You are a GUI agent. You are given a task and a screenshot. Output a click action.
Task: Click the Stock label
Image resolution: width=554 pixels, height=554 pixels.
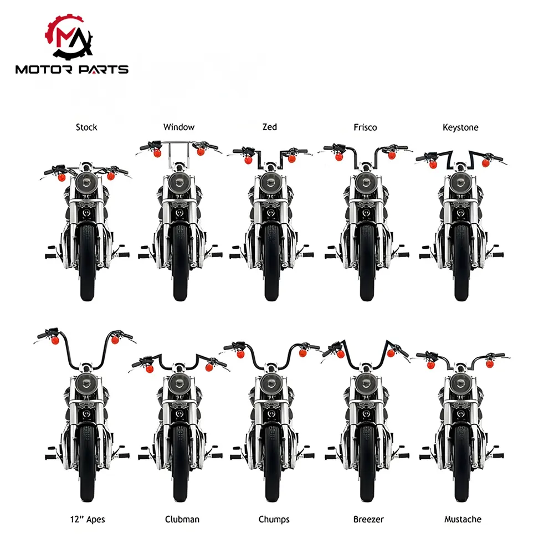coord(86,127)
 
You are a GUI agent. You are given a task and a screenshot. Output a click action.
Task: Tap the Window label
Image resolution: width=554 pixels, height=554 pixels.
coord(179,127)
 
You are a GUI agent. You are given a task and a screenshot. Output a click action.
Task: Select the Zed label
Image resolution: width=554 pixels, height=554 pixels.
coord(270,127)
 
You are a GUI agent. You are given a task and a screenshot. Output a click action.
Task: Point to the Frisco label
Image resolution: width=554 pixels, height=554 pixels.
coord(365,127)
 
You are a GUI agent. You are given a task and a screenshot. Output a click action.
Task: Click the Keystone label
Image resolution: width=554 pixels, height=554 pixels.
coord(460,127)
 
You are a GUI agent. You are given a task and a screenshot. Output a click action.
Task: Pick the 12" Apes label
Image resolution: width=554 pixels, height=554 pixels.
coord(88,520)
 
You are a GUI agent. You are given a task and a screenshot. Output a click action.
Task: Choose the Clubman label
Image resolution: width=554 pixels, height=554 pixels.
coord(182,520)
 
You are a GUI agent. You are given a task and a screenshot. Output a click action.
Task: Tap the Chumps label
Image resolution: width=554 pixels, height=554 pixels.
coord(274,520)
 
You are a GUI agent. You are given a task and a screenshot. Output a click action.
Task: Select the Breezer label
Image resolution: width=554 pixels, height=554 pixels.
coord(368,520)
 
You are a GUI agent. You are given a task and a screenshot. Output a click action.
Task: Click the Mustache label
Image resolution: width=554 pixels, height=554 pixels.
coord(463,520)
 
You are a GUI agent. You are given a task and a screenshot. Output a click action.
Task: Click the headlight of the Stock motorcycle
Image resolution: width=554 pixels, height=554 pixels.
coord(86,183)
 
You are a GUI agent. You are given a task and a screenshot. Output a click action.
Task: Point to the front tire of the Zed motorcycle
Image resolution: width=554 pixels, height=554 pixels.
coord(271,263)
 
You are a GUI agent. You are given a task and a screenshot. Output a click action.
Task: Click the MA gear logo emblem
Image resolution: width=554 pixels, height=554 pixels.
coord(69,37)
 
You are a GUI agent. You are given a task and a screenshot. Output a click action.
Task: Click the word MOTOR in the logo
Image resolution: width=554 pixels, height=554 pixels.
coord(44,69)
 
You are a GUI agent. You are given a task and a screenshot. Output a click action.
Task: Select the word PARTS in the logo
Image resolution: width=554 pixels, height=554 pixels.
coord(103,69)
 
